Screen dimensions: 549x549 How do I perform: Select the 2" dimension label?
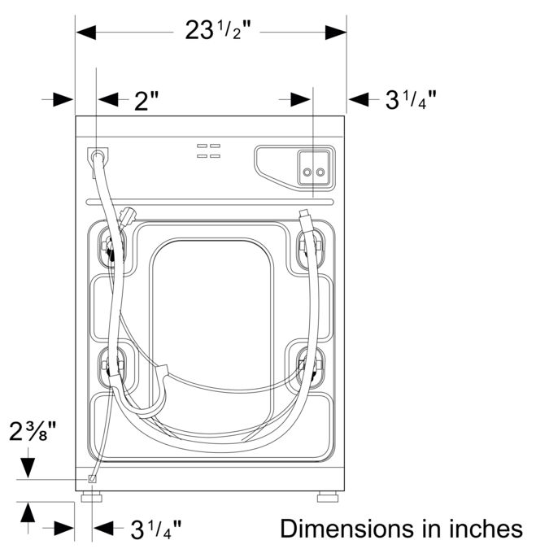[146, 100]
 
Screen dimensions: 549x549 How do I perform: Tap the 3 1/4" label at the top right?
[410, 100]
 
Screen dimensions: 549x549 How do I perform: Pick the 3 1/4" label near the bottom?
[155, 529]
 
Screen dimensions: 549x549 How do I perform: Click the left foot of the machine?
[91, 495]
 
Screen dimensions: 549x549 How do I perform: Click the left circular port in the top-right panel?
[307, 172]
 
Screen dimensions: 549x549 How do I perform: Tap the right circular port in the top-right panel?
[320, 172]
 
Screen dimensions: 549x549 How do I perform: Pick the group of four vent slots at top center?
[208, 150]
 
